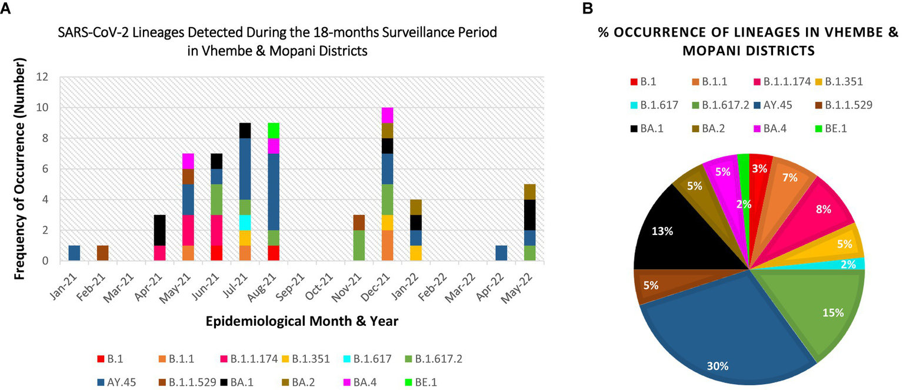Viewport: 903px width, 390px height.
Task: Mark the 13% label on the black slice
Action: click(x=662, y=232)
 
